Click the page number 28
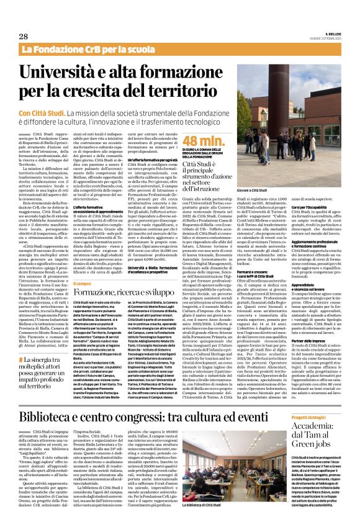(23, 37)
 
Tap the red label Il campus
(83, 283)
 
